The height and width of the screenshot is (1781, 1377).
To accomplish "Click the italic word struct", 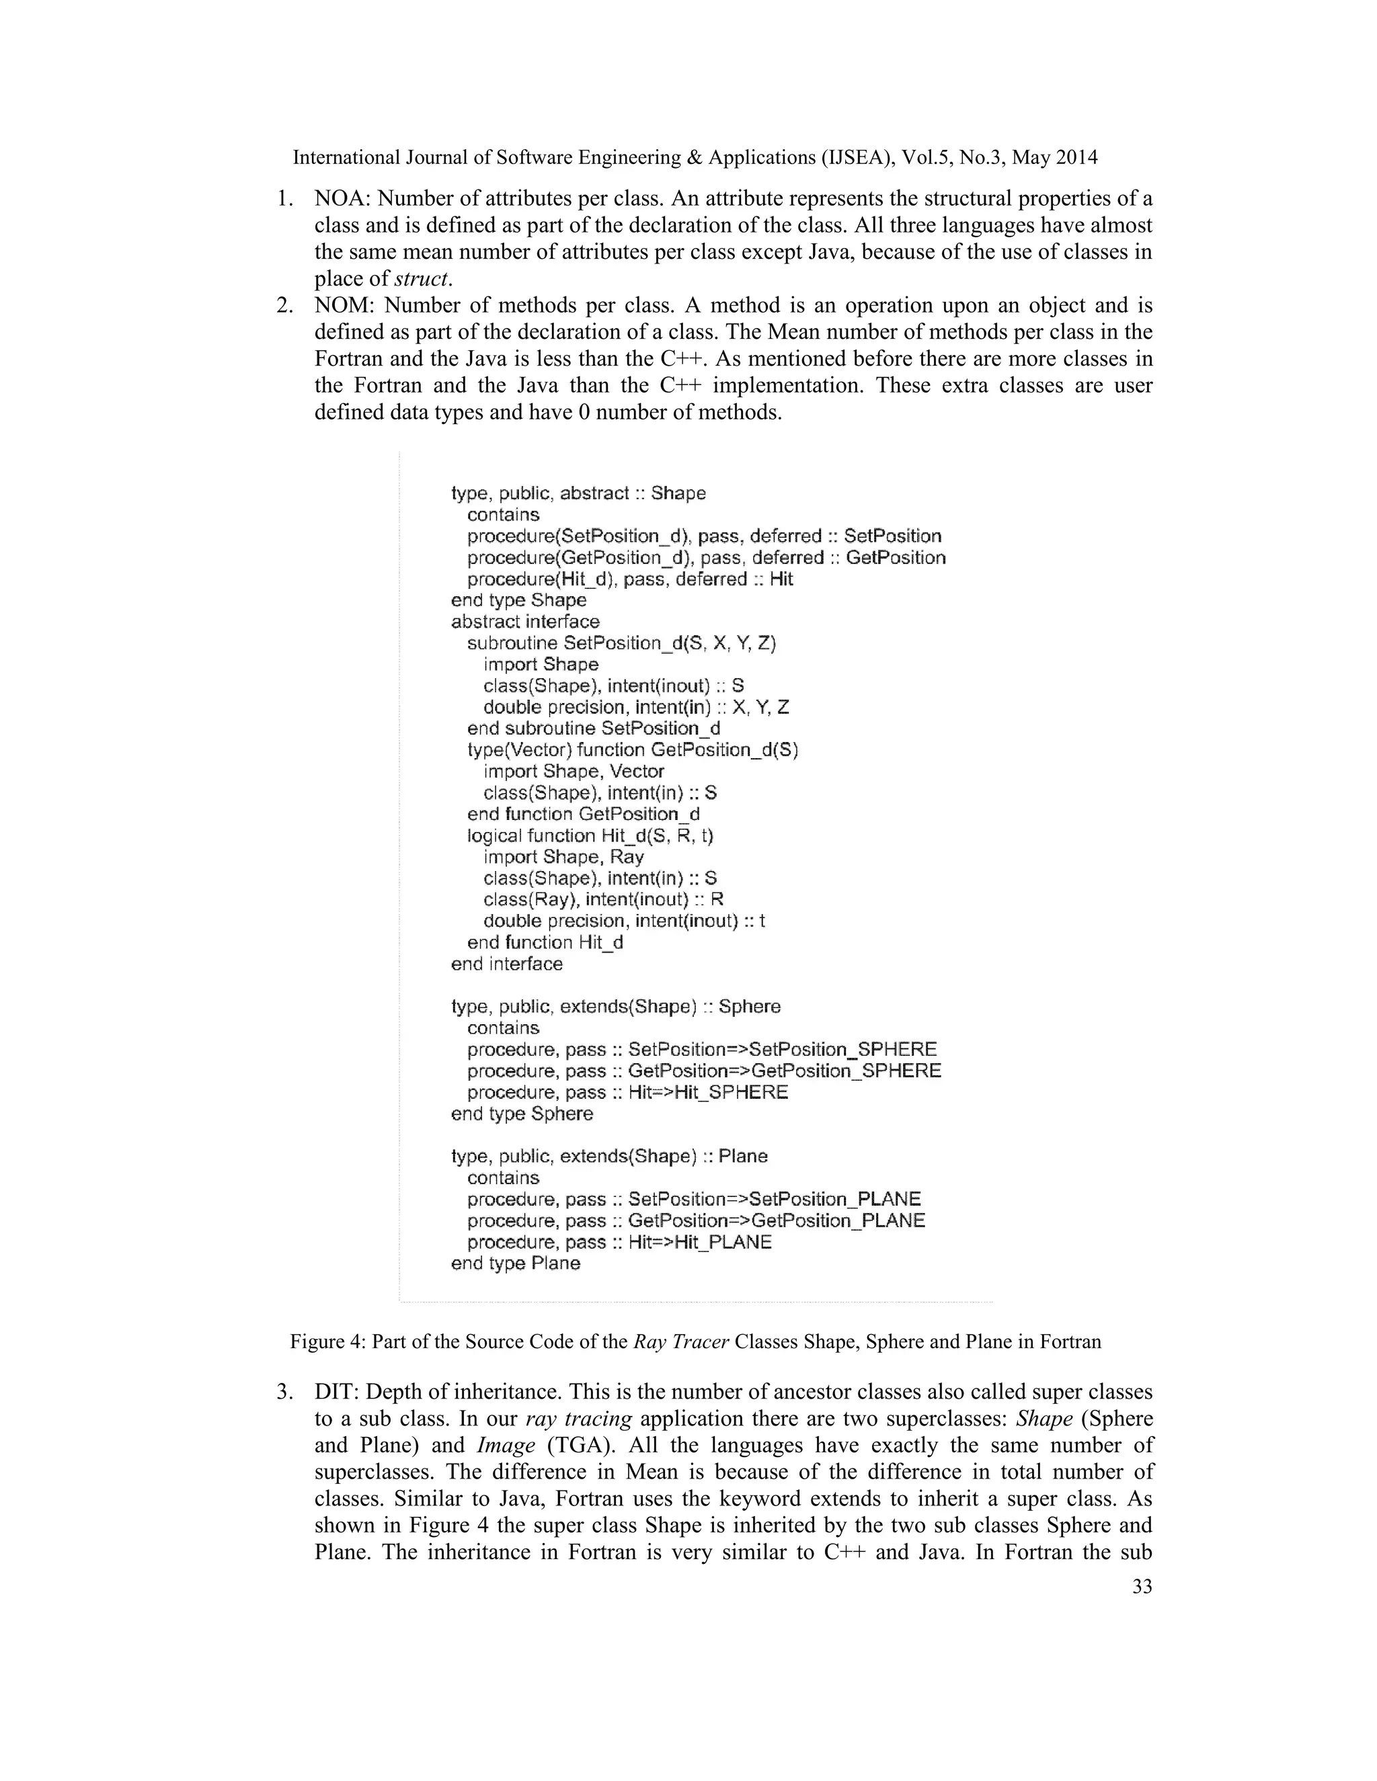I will pyautogui.click(x=422, y=279).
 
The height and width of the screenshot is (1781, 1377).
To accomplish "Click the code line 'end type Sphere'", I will pyautogui.click(x=522, y=1113).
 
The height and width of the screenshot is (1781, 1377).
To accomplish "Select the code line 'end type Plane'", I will pyautogui.click(x=516, y=1264).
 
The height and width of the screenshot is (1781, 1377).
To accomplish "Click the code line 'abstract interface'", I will pyautogui.click(x=525, y=622).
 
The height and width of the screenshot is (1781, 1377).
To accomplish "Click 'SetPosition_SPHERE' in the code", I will pyautogui.click(x=842, y=1050).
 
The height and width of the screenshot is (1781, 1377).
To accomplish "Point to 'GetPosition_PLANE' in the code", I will pyautogui.click(x=838, y=1220).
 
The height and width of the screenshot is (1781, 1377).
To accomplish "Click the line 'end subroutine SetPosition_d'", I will pyautogui.click(x=594, y=729).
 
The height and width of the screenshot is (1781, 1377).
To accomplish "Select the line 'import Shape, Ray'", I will pyautogui.click(x=563, y=856).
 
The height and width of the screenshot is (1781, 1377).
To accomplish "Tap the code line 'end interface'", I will pyautogui.click(x=506, y=964).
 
